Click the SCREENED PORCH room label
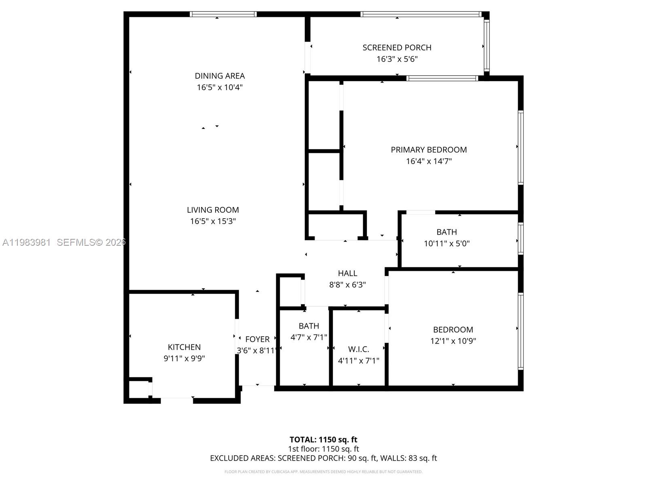(x=397, y=48)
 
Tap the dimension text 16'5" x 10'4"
(x=220, y=87)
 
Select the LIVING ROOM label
(x=213, y=210)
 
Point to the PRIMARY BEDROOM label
(x=429, y=150)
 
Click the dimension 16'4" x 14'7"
(x=429, y=161)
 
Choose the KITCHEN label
(x=184, y=347)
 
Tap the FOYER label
(x=257, y=339)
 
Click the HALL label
(x=347, y=274)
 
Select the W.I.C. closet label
(x=359, y=349)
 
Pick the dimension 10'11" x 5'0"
(x=446, y=244)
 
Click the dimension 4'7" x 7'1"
(x=309, y=337)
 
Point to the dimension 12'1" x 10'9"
(x=453, y=341)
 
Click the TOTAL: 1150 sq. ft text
(x=323, y=440)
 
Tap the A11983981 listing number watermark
(x=26, y=242)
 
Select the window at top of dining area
(x=223, y=14)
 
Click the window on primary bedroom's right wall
(x=521, y=148)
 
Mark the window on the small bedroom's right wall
(x=521, y=331)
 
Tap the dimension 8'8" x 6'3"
(x=347, y=285)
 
